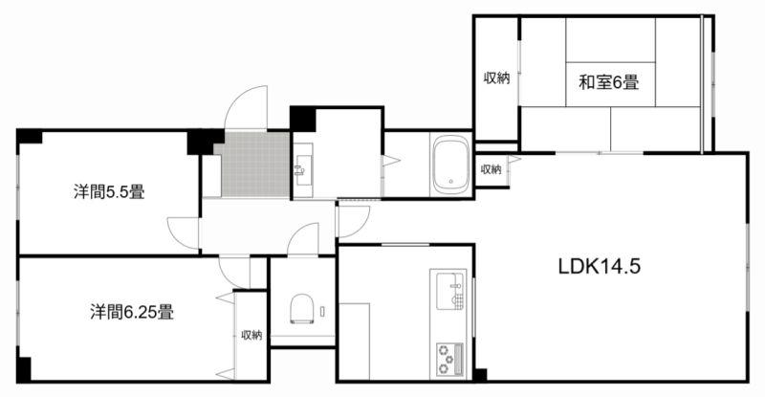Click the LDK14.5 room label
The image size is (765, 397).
(599, 267)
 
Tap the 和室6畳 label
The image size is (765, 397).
(609, 82)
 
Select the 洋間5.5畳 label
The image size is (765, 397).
(109, 192)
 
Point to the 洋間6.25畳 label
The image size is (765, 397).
(132, 312)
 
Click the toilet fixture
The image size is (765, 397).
(302, 309)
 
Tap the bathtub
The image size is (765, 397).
(451, 165)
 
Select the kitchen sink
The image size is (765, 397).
(449, 292)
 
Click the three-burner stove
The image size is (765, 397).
(449, 359)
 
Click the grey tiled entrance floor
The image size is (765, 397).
(252, 164)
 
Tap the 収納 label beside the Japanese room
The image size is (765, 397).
(496, 77)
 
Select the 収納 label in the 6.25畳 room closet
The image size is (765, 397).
(251, 335)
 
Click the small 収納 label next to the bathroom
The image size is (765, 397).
(491, 169)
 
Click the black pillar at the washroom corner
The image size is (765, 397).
(302, 119)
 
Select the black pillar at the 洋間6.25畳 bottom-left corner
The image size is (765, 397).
(24, 369)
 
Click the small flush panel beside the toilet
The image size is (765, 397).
(322, 311)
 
